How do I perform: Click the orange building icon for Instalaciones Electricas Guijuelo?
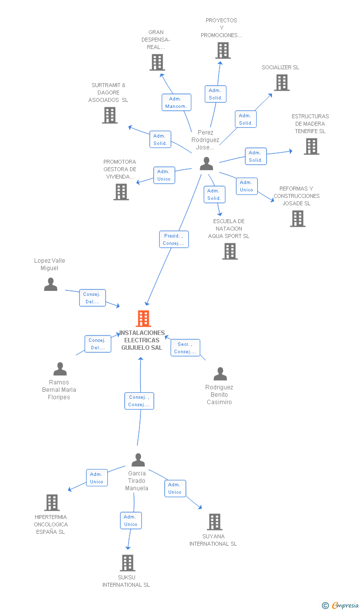[x=143, y=318]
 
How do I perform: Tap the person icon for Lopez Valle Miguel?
[x=51, y=284]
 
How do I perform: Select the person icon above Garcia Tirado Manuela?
[x=138, y=460]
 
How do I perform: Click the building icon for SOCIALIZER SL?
[x=282, y=83]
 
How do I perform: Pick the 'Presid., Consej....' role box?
[x=174, y=239]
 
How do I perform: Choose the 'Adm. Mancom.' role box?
[x=177, y=102]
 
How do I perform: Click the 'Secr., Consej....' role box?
[x=185, y=348]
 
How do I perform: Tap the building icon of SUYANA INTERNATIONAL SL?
[x=215, y=522]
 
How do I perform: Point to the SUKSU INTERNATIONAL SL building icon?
[x=128, y=563]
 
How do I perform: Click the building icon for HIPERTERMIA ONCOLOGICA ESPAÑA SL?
[x=52, y=503]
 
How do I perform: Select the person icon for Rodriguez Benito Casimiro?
[x=221, y=374]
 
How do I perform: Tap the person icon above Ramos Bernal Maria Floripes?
[x=60, y=369]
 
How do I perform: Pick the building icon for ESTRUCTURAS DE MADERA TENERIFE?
[x=312, y=146]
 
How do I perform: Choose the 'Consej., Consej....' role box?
[x=139, y=401]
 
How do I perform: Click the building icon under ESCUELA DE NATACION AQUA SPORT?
[x=230, y=251]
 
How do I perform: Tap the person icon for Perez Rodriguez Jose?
[x=206, y=164]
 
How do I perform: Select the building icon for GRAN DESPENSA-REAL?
[x=157, y=62]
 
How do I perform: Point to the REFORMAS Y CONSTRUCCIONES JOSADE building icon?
[x=298, y=219]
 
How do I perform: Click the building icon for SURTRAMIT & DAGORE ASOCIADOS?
[x=110, y=115]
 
